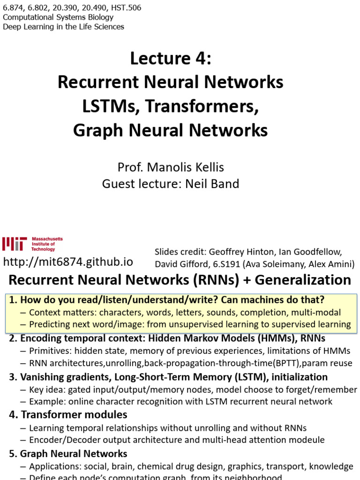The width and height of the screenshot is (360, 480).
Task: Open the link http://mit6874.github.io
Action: point(68,262)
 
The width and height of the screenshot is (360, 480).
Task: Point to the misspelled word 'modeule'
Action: point(309,440)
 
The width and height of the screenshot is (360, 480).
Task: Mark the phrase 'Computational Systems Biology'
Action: point(58,17)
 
